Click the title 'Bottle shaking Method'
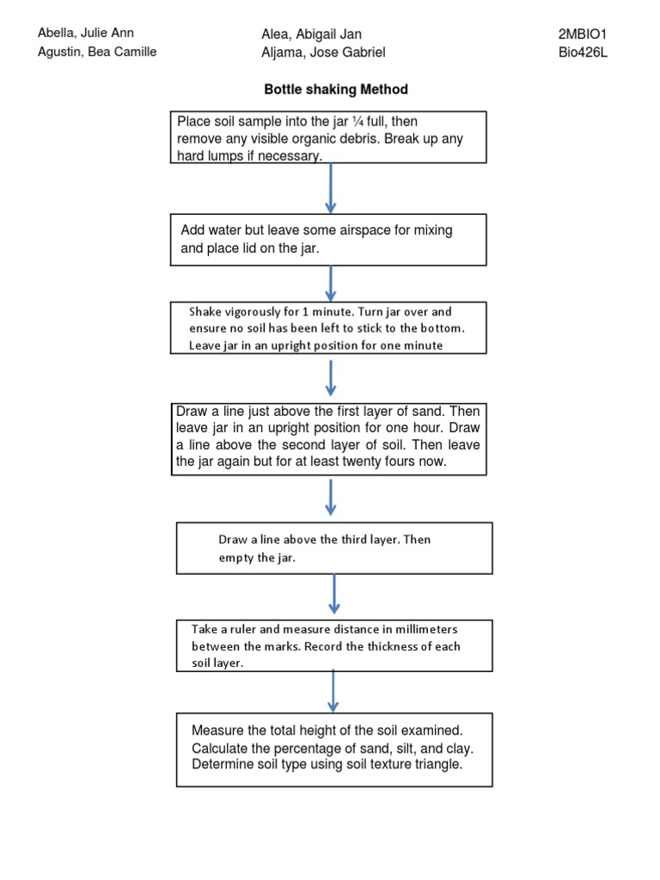(336, 89)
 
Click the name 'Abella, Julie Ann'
(85, 34)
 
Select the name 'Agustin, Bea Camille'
(97, 52)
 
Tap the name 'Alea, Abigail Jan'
(311, 34)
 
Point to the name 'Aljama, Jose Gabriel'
(323, 52)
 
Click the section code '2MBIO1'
(584, 34)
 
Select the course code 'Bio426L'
(583, 52)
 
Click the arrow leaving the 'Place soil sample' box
(331, 187)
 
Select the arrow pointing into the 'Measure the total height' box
(333, 691)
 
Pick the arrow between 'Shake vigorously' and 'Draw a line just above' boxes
(331, 378)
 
